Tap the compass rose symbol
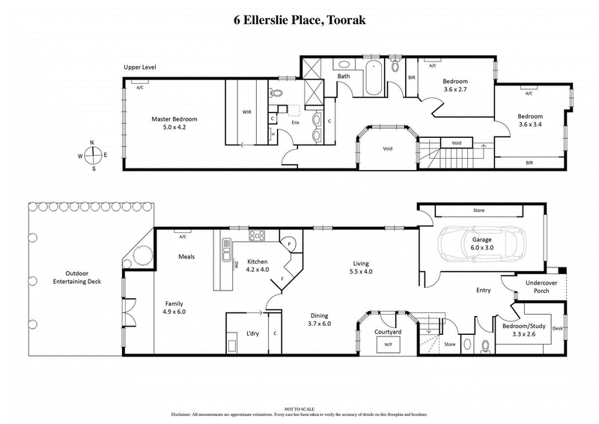(x=94, y=155)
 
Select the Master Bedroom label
(x=174, y=123)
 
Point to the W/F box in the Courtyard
(x=388, y=345)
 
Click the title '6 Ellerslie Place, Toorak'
(x=299, y=20)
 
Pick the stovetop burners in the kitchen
(x=258, y=236)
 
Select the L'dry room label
(x=252, y=334)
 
